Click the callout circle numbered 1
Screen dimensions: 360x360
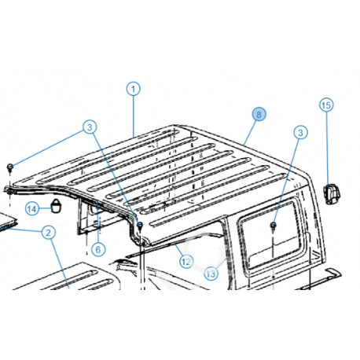coord(134,90)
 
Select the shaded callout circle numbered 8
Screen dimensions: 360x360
coord(259,113)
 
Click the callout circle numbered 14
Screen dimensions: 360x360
coord(32,208)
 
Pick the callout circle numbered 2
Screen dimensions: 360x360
coord(48,232)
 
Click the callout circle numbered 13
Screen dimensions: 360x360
coord(211,274)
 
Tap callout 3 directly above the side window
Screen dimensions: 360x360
coord(299,134)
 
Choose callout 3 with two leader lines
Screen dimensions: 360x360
coord(90,127)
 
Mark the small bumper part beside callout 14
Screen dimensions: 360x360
coord(57,206)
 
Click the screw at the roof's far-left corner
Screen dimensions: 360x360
coord(9,167)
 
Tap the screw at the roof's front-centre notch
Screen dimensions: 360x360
coord(138,226)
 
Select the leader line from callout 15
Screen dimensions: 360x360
coord(327,145)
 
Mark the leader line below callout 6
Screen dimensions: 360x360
coord(99,233)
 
